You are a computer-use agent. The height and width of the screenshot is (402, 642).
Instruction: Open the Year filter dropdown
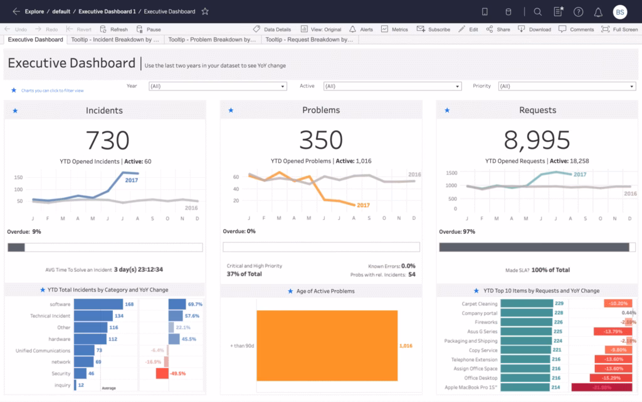click(218, 86)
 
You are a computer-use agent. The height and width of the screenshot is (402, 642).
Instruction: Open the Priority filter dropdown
click(567, 86)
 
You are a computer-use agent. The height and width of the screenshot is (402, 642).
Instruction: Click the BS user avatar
click(619, 11)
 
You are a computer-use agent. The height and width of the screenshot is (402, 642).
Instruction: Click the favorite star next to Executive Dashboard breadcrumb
click(205, 11)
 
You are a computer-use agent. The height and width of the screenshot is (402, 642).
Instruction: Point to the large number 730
click(107, 140)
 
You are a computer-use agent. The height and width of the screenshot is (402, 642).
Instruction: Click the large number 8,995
click(537, 140)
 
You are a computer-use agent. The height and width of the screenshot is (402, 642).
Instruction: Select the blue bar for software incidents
click(98, 304)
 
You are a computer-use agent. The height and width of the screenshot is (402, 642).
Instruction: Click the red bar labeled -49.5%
click(162, 373)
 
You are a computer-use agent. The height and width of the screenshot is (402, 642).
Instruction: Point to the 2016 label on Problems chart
click(414, 175)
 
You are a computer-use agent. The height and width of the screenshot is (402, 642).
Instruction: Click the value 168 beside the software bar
click(129, 304)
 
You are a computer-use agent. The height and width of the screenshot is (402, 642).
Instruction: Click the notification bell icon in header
click(598, 11)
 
